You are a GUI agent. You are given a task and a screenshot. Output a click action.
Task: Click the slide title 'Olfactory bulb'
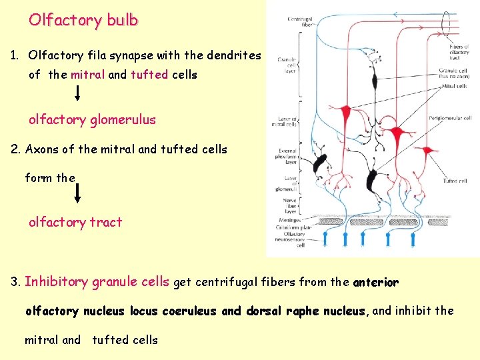click(83, 20)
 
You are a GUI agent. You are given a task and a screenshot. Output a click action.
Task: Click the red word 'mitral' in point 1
click(87, 75)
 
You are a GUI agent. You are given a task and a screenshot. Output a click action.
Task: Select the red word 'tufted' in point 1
click(149, 75)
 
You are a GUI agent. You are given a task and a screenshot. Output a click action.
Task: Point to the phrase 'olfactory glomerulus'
click(92, 120)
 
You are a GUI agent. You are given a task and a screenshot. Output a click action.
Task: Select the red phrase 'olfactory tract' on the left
click(75, 222)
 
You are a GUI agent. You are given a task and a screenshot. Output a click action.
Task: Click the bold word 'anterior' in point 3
click(376, 282)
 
